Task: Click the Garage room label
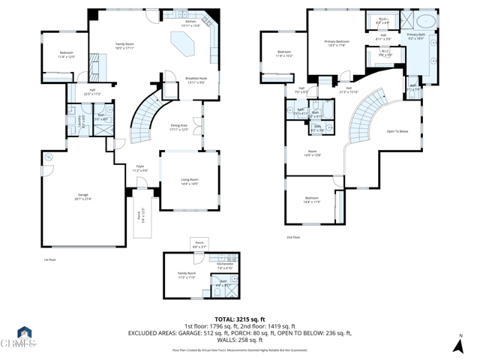click(82, 196)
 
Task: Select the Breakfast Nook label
click(197, 80)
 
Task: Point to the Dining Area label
click(178, 127)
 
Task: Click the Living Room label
click(189, 181)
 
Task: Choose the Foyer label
click(140, 168)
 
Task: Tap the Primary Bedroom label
click(337, 43)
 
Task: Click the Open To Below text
click(397, 131)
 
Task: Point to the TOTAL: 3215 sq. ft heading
click(240, 319)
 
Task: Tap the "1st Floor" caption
click(50, 259)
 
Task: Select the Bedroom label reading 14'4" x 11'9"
click(311, 201)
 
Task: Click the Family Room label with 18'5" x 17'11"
click(124, 46)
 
